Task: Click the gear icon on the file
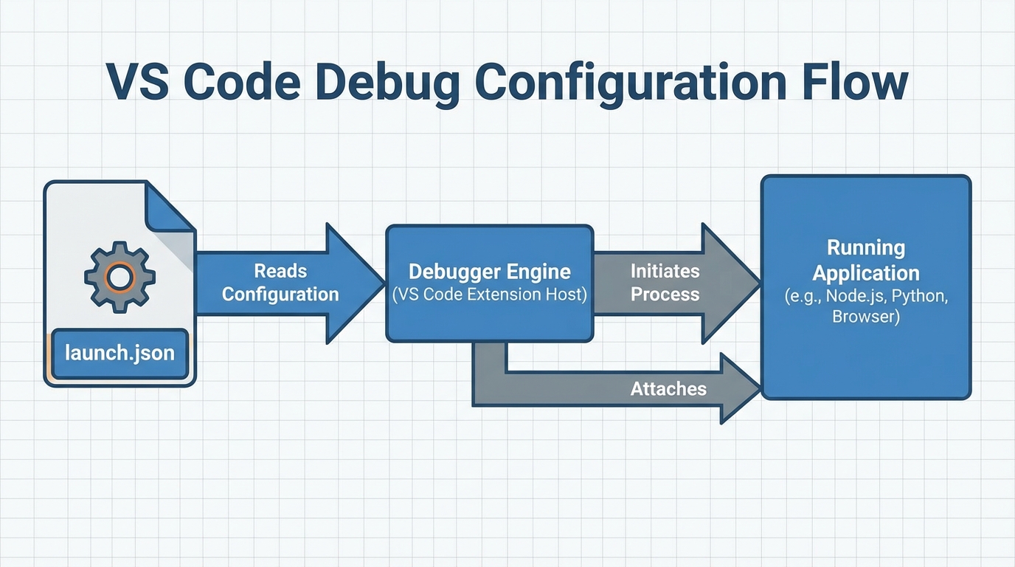pos(119,277)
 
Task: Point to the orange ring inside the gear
pos(119,277)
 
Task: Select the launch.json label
pos(119,353)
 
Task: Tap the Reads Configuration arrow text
pos(280,283)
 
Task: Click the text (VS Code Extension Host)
pos(489,295)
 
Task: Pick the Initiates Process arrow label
pos(665,283)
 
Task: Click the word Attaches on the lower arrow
pos(668,388)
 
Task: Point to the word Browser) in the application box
pos(866,317)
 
